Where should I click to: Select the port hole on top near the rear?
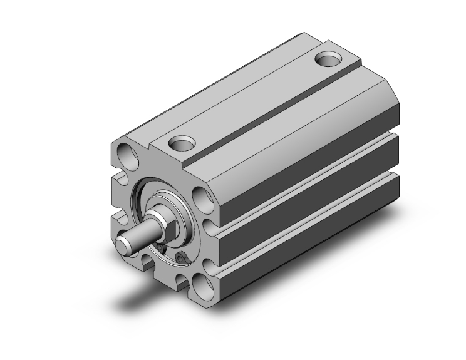point(328,61)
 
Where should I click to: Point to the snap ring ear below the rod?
point(183,259)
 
